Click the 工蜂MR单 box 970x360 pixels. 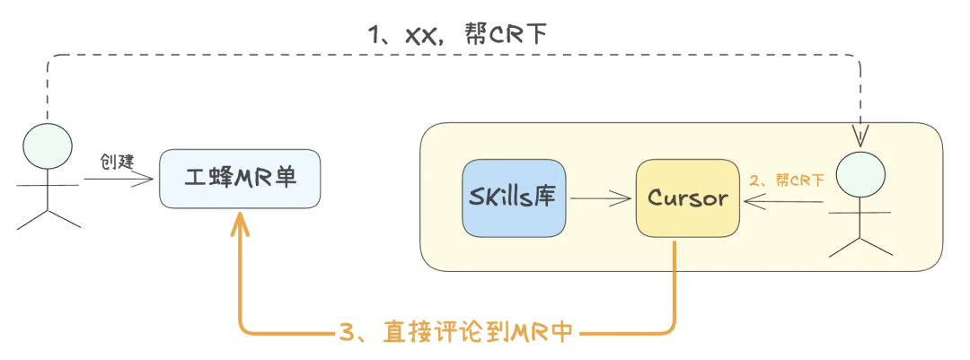pos(239,179)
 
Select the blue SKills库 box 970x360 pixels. pos(514,198)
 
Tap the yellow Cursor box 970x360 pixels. pos(687,198)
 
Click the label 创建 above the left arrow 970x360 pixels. pos(117,162)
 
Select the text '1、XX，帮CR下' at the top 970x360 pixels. pos(457,34)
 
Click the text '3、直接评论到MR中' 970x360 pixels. pos(456,333)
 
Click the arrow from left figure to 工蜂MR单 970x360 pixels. pos(119,180)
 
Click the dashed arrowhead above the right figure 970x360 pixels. pos(860,136)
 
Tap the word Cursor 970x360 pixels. pos(687,198)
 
